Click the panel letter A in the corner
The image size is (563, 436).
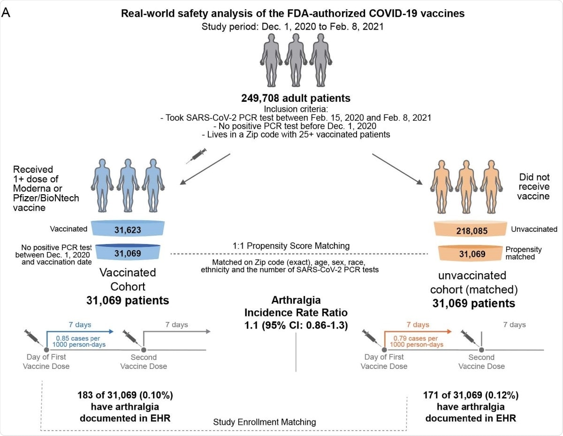pos(7,13)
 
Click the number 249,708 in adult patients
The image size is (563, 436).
pos(259,99)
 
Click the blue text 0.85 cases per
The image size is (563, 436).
pos(80,338)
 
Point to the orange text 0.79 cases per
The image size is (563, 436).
pos(418,338)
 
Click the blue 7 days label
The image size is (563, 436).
pos(78,325)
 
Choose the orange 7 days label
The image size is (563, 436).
pos(417,325)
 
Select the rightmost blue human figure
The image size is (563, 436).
pos(154,181)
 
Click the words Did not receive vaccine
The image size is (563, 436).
pos(534,187)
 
